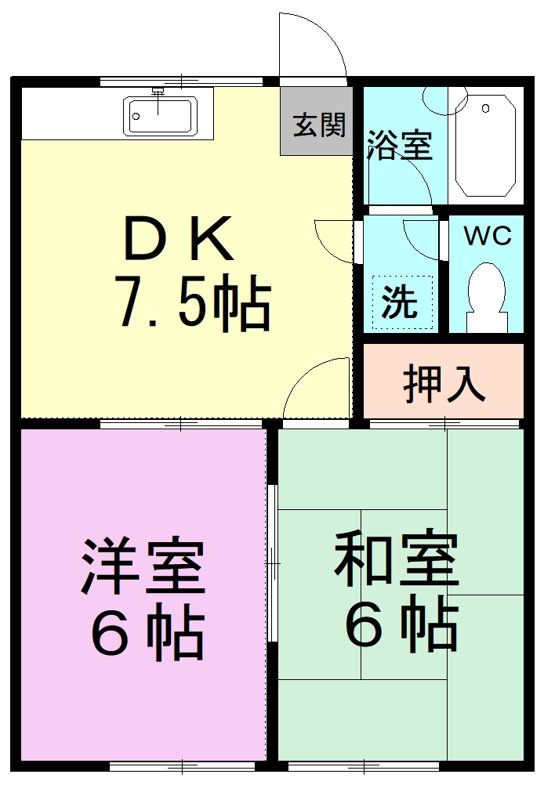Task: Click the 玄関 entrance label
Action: pos(320,125)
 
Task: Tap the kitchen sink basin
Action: pos(160,116)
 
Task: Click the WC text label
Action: pos(488,236)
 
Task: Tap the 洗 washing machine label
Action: pos(399,302)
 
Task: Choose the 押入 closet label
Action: pos(444,384)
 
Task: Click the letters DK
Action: pos(179,238)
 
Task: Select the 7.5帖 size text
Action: pos(193,302)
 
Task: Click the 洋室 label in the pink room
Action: pos(143,566)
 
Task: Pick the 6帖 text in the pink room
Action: pos(148,631)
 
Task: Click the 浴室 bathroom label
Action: pos(399,145)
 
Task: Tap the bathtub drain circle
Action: pos(485,109)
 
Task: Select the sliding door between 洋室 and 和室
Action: pos(272,563)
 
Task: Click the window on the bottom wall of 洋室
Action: pos(183,766)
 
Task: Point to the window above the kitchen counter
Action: pos(181,81)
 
